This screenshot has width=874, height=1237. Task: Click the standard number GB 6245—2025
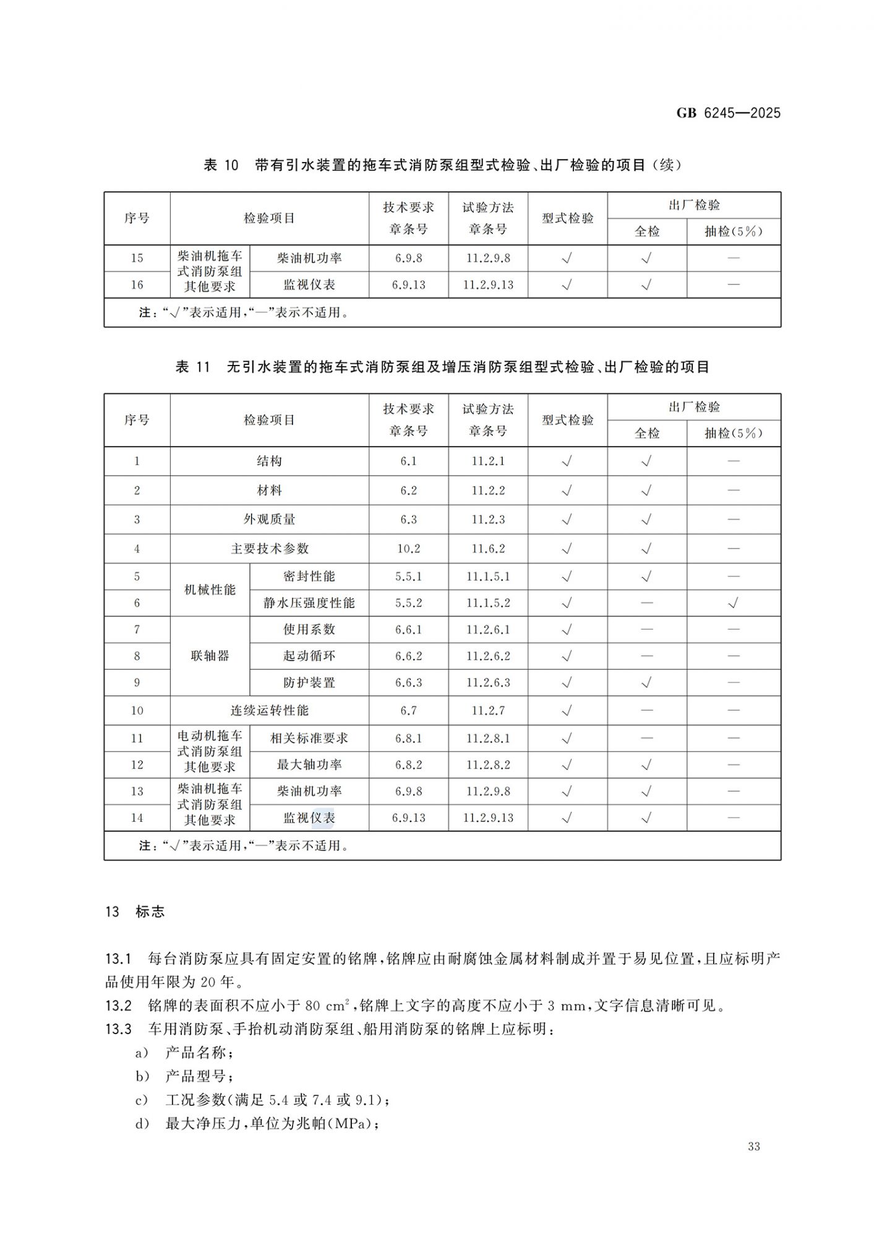(x=728, y=113)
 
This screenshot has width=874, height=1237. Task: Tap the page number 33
(x=753, y=1146)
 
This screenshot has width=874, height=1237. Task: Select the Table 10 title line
(x=442, y=165)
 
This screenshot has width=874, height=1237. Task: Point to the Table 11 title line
(x=442, y=367)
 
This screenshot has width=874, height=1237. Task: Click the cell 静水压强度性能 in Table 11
(x=309, y=603)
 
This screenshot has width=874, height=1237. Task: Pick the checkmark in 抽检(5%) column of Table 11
(x=733, y=603)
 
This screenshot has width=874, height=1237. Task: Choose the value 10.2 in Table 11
(x=408, y=549)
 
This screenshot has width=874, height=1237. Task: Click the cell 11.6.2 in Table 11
(x=488, y=549)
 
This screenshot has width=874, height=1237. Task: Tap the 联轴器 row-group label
(x=210, y=656)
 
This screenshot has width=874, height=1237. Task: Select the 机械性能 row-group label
(x=210, y=590)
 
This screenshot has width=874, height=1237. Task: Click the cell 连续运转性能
(x=269, y=711)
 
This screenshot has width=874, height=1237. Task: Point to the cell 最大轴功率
(x=309, y=764)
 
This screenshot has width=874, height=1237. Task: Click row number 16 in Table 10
(x=137, y=285)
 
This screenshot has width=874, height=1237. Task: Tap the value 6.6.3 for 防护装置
(x=408, y=683)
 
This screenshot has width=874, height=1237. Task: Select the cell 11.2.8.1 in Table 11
(x=488, y=738)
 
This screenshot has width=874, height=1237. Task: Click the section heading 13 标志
(x=135, y=912)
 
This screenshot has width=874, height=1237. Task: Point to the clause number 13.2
(x=118, y=1006)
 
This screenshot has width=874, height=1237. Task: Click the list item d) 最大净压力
(x=257, y=1123)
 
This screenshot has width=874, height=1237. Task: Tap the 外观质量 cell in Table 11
(x=269, y=520)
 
